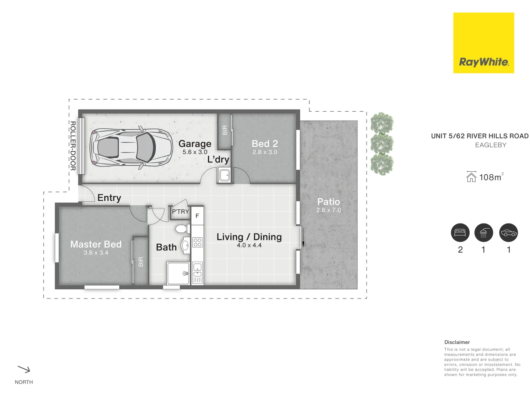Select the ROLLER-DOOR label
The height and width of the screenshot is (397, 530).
(73, 146)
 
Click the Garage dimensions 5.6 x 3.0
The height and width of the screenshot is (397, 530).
(195, 152)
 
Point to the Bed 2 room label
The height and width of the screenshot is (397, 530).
(265, 144)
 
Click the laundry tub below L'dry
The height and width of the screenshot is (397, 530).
(224, 175)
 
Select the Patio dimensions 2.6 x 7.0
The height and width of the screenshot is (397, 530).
(328, 210)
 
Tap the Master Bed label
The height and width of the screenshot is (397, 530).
(96, 244)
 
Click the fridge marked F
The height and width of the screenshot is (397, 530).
(197, 216)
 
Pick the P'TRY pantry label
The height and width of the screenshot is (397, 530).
(180, 212)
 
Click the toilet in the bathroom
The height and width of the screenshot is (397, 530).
(181, 229)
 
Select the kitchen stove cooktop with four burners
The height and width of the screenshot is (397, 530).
(198, 242)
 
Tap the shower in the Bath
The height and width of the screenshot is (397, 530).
(178, 273)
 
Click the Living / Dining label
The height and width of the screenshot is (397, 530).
(249, 237)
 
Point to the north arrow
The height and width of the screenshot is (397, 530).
(24, 369)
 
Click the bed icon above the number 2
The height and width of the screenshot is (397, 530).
(460, 233)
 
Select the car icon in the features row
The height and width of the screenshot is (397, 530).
(508, 233)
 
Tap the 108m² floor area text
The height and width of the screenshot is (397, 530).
(490, 177)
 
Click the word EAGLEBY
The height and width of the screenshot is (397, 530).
(491, 145)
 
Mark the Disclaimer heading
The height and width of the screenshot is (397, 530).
(457, 342)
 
